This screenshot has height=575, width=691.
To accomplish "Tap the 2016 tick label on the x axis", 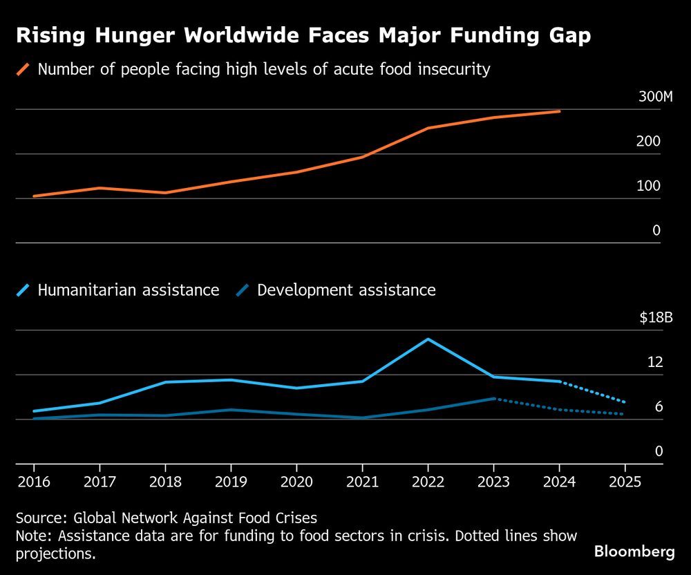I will tap(32, 481).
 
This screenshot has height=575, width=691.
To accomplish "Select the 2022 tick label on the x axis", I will tap(428, 481).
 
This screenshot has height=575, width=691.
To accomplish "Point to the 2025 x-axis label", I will tap(625, 481).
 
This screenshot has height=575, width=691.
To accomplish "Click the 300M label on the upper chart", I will tap(655, 97).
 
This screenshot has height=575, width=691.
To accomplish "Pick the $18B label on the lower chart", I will tap(655, 318).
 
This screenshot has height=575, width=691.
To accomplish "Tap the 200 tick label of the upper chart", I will tap(649, 142).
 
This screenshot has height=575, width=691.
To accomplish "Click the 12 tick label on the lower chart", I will tap(654, 362).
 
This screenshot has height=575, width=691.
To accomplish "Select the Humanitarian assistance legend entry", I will tap(128, 290).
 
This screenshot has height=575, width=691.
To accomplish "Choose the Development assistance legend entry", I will tap(346, 290).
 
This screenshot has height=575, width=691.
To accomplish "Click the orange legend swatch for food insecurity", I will tap(23, 69).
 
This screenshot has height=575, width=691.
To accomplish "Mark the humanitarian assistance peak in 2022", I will tap(428, 339).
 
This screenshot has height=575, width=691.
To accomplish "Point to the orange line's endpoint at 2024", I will tap(559, 111).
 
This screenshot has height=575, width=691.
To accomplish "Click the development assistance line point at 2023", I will tap(493, 399).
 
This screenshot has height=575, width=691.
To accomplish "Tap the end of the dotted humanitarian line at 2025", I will tap(625, 402).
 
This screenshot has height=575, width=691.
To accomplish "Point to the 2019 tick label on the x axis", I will tap(230, 481).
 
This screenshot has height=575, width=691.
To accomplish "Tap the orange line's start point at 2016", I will tap(33, 196).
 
